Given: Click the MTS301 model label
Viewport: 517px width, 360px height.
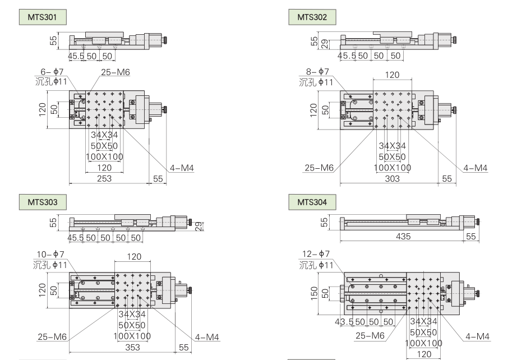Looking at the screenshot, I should (43, 17).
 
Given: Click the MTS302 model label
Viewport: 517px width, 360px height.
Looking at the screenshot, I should (312, 17).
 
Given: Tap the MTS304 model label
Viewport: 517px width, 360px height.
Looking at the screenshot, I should (312, 201).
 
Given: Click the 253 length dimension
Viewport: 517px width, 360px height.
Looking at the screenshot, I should (104, 178).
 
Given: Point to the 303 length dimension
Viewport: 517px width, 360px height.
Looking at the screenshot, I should (392, 178).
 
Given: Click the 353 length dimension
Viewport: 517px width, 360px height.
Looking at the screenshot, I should (132, 348).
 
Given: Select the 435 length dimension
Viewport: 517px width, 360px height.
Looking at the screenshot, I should (403, 237).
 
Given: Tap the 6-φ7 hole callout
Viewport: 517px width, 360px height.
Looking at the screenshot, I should (53, 71).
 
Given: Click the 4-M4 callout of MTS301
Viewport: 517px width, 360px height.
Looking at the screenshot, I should (182, 168).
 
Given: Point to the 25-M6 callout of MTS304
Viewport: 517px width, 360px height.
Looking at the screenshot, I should (370, 336).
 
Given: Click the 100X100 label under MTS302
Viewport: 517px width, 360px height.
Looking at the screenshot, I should (392, 167).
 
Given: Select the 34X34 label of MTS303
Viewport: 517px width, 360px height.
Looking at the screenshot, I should (132, 315).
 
